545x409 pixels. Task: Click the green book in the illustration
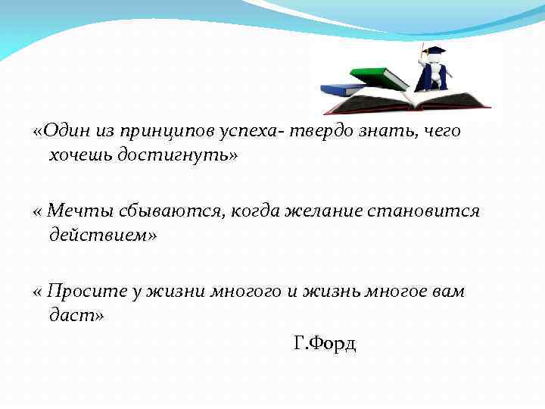coord(379,76)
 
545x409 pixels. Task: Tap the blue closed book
coord(344,89)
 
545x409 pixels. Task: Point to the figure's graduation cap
coord(434,52)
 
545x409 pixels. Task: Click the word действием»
coord(103,235)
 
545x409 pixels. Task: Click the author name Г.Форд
coord(324,345)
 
